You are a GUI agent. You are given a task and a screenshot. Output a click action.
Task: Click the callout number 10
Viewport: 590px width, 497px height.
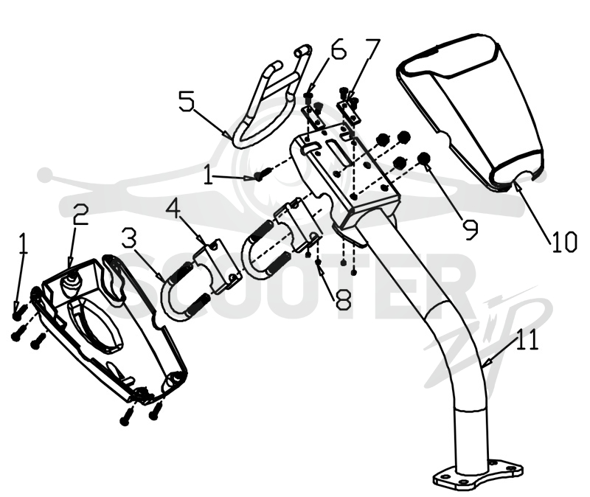564,242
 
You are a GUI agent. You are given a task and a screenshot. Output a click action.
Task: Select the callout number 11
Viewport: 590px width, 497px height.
527,340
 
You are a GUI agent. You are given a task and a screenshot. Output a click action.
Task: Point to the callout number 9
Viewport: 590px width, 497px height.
470,229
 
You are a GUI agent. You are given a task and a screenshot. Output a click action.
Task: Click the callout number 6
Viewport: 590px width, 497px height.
337,48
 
